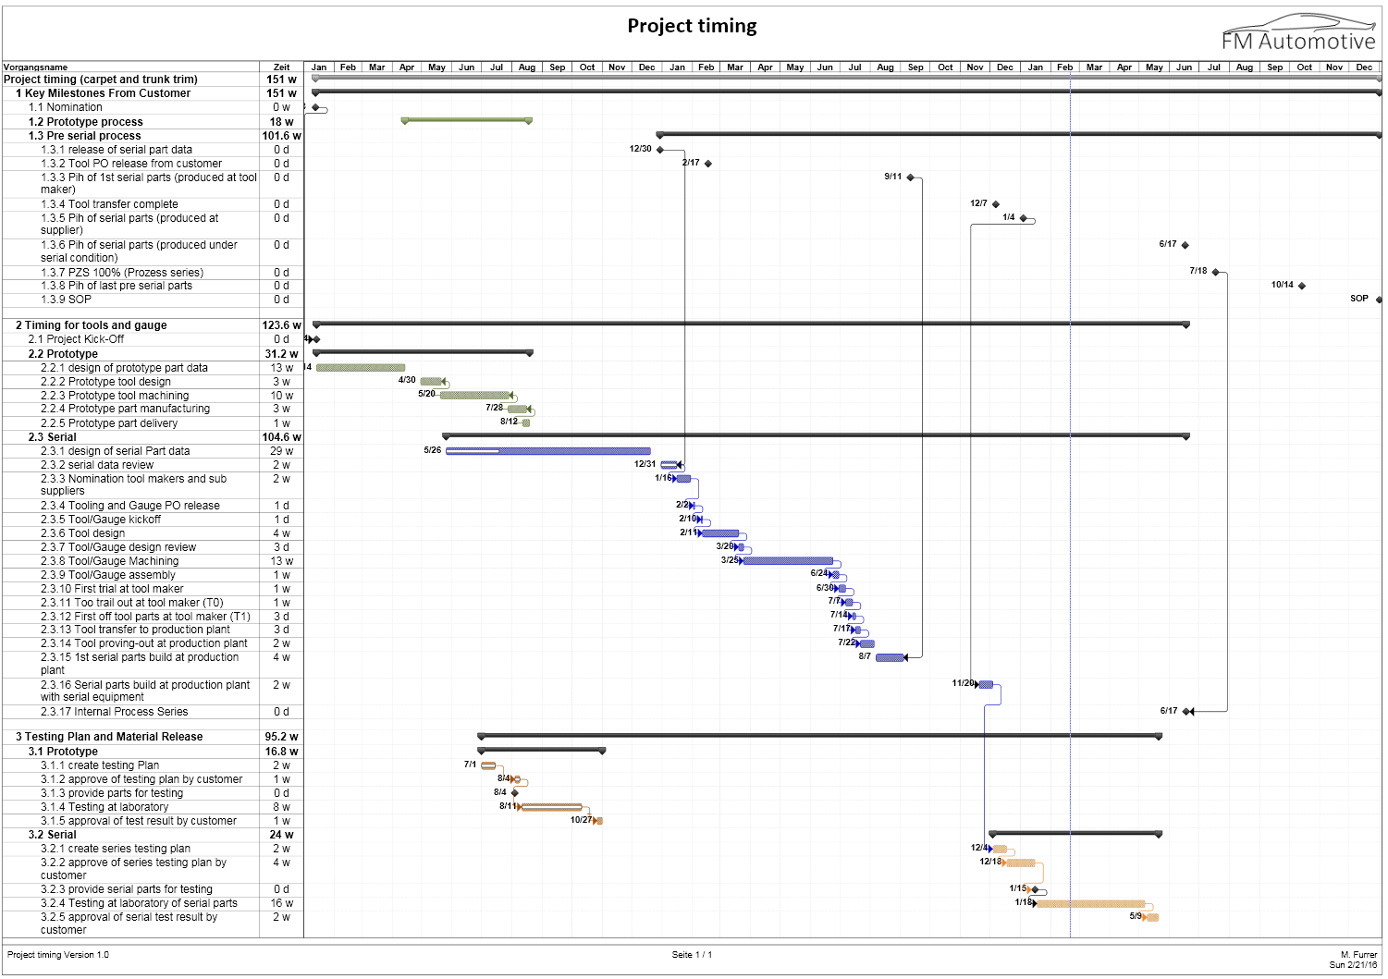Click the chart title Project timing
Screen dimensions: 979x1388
coord(692,26)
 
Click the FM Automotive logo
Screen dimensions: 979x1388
coord(1298,34)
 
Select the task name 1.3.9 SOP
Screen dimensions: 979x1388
coord(66,300)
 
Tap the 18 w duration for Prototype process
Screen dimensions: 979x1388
coord(281,122)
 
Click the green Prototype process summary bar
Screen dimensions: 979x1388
coord(466,120)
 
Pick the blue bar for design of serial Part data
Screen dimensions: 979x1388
coord(547,451)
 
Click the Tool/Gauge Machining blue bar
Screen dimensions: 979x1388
coord(788,561)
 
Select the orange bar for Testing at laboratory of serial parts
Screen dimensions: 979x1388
coord(1090,903)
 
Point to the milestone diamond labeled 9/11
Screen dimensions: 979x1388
coord(910,177)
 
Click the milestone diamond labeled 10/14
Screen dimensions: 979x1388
coord(1302,286)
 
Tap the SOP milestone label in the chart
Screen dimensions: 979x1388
coord(1358,299)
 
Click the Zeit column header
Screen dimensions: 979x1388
coord(281,67)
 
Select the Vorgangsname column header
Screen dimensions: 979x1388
coord(36,67)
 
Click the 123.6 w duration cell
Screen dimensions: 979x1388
coord(281,325)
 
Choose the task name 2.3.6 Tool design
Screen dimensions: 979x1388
coord(82,533)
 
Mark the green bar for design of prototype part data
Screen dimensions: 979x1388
coord(361,368)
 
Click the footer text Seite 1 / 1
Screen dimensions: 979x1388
coord(692,955)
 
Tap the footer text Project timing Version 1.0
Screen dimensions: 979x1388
coord(58,955)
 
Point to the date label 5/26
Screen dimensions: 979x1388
coord(433,450)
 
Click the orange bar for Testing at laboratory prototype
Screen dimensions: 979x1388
coord(552,807)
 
